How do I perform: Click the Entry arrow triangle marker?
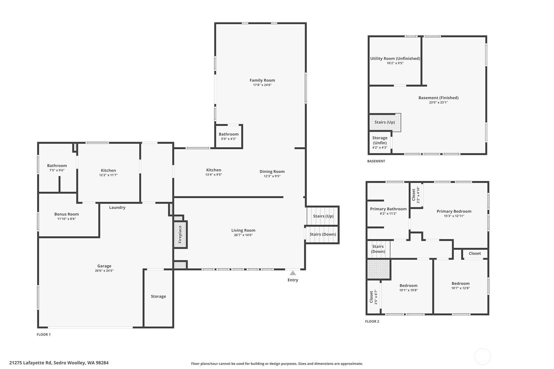(293, 273)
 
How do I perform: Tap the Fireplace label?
(180, 234)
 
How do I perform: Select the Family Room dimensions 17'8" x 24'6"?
(262, 85)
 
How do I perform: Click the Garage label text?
(104, 266)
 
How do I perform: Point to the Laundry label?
(117, 208)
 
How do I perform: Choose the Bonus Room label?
(67, 214)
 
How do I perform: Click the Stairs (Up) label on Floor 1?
(323, 216)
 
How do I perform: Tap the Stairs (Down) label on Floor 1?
(323, 234)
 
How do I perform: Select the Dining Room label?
(272, 172)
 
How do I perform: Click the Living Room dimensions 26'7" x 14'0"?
(243, 235)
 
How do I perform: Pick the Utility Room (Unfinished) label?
(395, 59)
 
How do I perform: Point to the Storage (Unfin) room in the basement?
(380, 142)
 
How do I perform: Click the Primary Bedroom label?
(454, 211)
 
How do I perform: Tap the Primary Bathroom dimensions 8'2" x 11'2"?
(388, 214)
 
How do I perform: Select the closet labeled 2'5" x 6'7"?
(373, 297)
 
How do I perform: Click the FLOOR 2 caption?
(372, 321)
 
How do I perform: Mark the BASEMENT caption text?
(376, 161)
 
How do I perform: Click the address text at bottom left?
(59, 363)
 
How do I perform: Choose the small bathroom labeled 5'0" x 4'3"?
(229, 136)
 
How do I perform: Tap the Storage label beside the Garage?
(158, 296)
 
